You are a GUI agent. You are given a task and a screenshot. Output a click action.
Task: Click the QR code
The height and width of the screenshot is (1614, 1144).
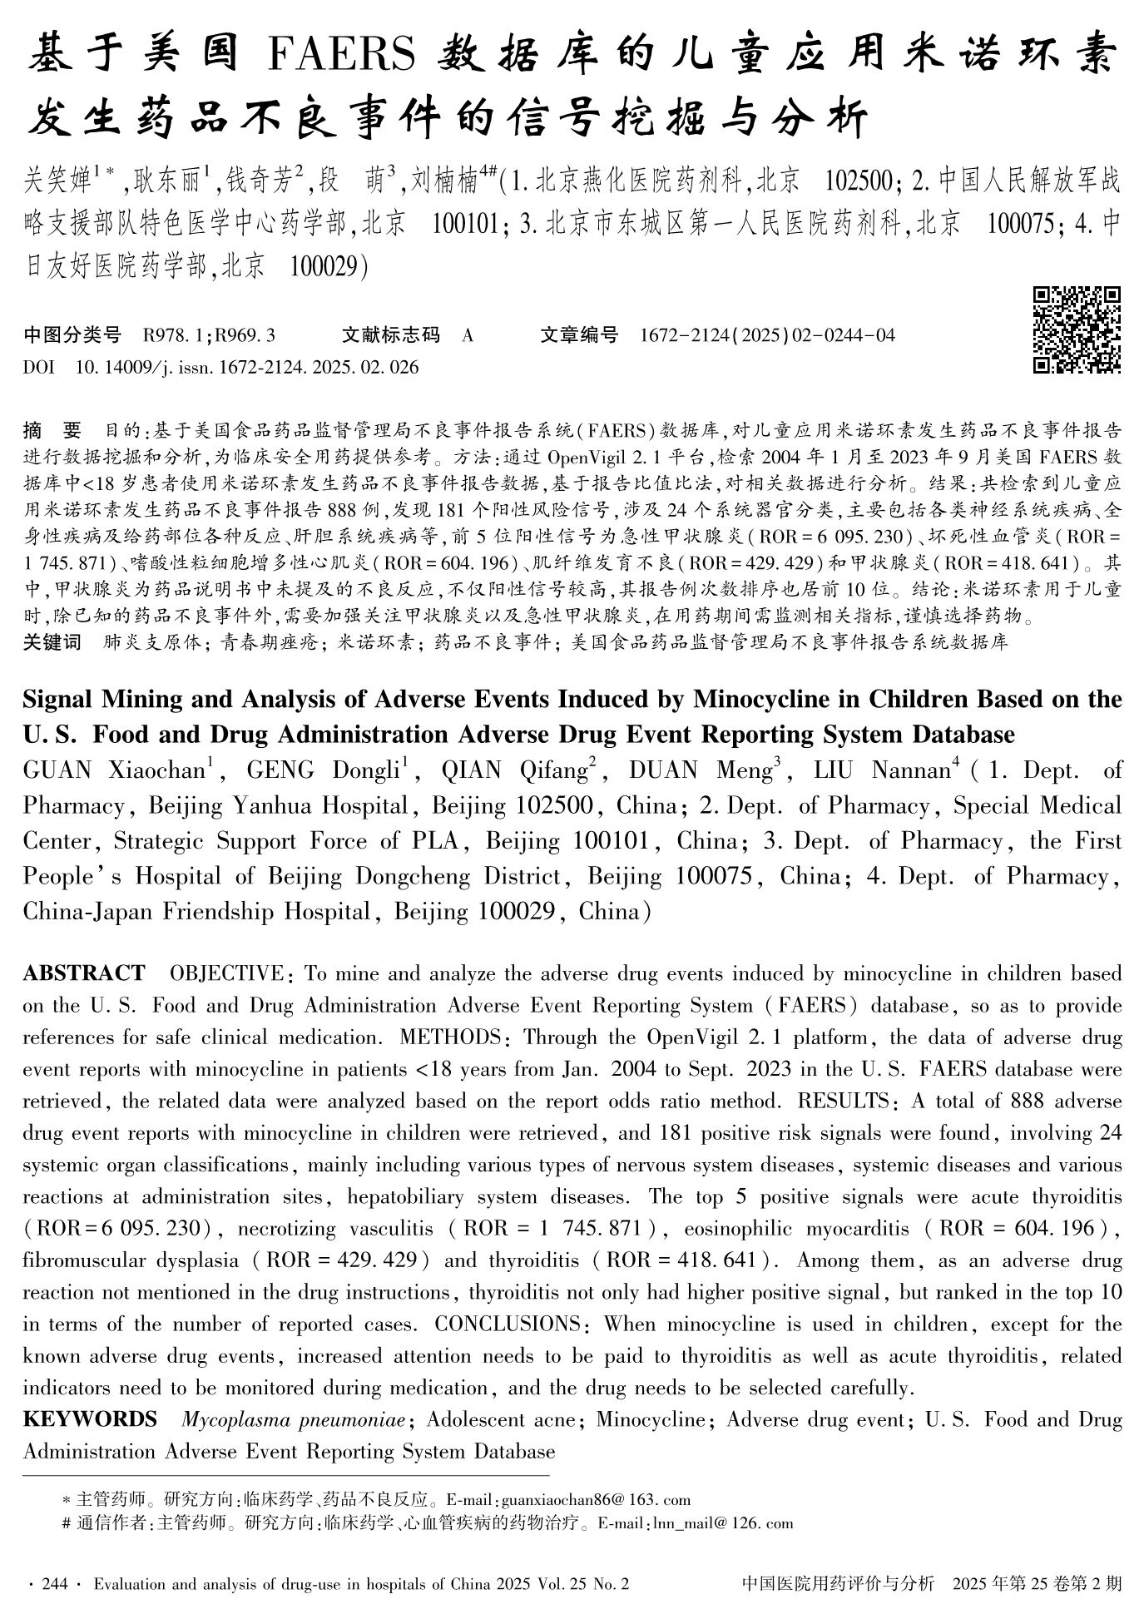coord(1077,329)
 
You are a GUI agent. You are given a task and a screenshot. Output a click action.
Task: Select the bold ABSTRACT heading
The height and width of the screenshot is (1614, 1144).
coord(84,973)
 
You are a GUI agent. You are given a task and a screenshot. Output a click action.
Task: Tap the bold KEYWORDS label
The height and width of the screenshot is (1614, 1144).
coord(90,1419)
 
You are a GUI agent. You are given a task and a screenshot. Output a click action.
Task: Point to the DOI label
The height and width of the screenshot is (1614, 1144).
coord(37,367)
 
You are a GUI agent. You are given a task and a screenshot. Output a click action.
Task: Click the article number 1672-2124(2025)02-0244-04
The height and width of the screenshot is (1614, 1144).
coord(767,335)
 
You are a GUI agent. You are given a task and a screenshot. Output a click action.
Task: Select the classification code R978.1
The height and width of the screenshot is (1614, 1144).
coord(176,335)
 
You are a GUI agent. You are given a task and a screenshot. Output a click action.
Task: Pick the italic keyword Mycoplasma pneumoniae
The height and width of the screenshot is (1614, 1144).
coord(294,1419)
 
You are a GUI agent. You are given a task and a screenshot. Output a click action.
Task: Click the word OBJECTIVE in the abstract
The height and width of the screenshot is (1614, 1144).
coord(226,973)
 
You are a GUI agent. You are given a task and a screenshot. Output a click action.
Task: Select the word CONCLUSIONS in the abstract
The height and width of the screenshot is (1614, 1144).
coord(507,1324)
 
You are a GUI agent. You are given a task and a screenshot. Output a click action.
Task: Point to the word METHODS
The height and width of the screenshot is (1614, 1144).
coord(449,1037)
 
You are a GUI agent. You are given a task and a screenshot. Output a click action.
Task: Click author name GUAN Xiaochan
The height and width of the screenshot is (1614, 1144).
coord(113,770)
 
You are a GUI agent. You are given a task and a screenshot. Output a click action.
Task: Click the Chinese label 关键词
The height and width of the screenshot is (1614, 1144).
coord(52,642)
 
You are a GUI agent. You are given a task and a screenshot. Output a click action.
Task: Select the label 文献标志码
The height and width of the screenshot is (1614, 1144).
coord(390,335)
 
